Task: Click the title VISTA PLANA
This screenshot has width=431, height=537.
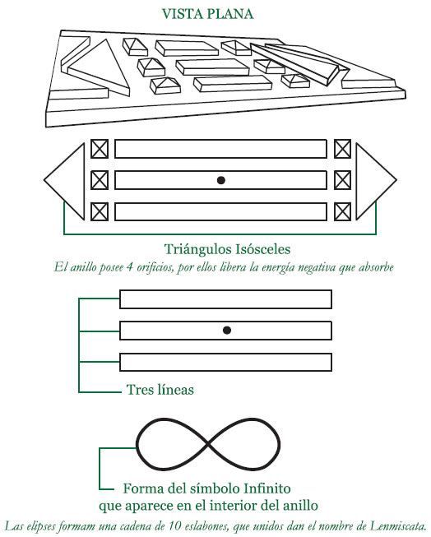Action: tap(207, 14)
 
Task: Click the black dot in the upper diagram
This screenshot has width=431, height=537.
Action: tap(221, 180)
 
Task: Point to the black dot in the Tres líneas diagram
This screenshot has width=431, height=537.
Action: tap(226, 330)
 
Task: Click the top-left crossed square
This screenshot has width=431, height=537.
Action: tap(100, 149)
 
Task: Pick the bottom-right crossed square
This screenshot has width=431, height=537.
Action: tap(342, 211)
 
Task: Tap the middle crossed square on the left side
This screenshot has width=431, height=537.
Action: tap(100, 180)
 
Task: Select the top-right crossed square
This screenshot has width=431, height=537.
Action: tap(342, 149)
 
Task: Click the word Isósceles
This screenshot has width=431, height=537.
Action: tap(263, 249)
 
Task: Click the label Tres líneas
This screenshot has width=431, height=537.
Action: tap(160, 390)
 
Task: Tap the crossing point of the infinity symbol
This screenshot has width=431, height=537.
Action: tap(208, 445)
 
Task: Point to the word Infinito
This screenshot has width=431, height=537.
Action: tap(266, 488)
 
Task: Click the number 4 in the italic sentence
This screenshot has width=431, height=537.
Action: tap(129, 267)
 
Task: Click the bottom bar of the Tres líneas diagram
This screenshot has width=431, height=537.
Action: tap(225, 362)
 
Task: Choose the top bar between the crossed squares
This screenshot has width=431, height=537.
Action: tap(220, 149)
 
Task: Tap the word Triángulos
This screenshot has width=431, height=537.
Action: tap(198, 249)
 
